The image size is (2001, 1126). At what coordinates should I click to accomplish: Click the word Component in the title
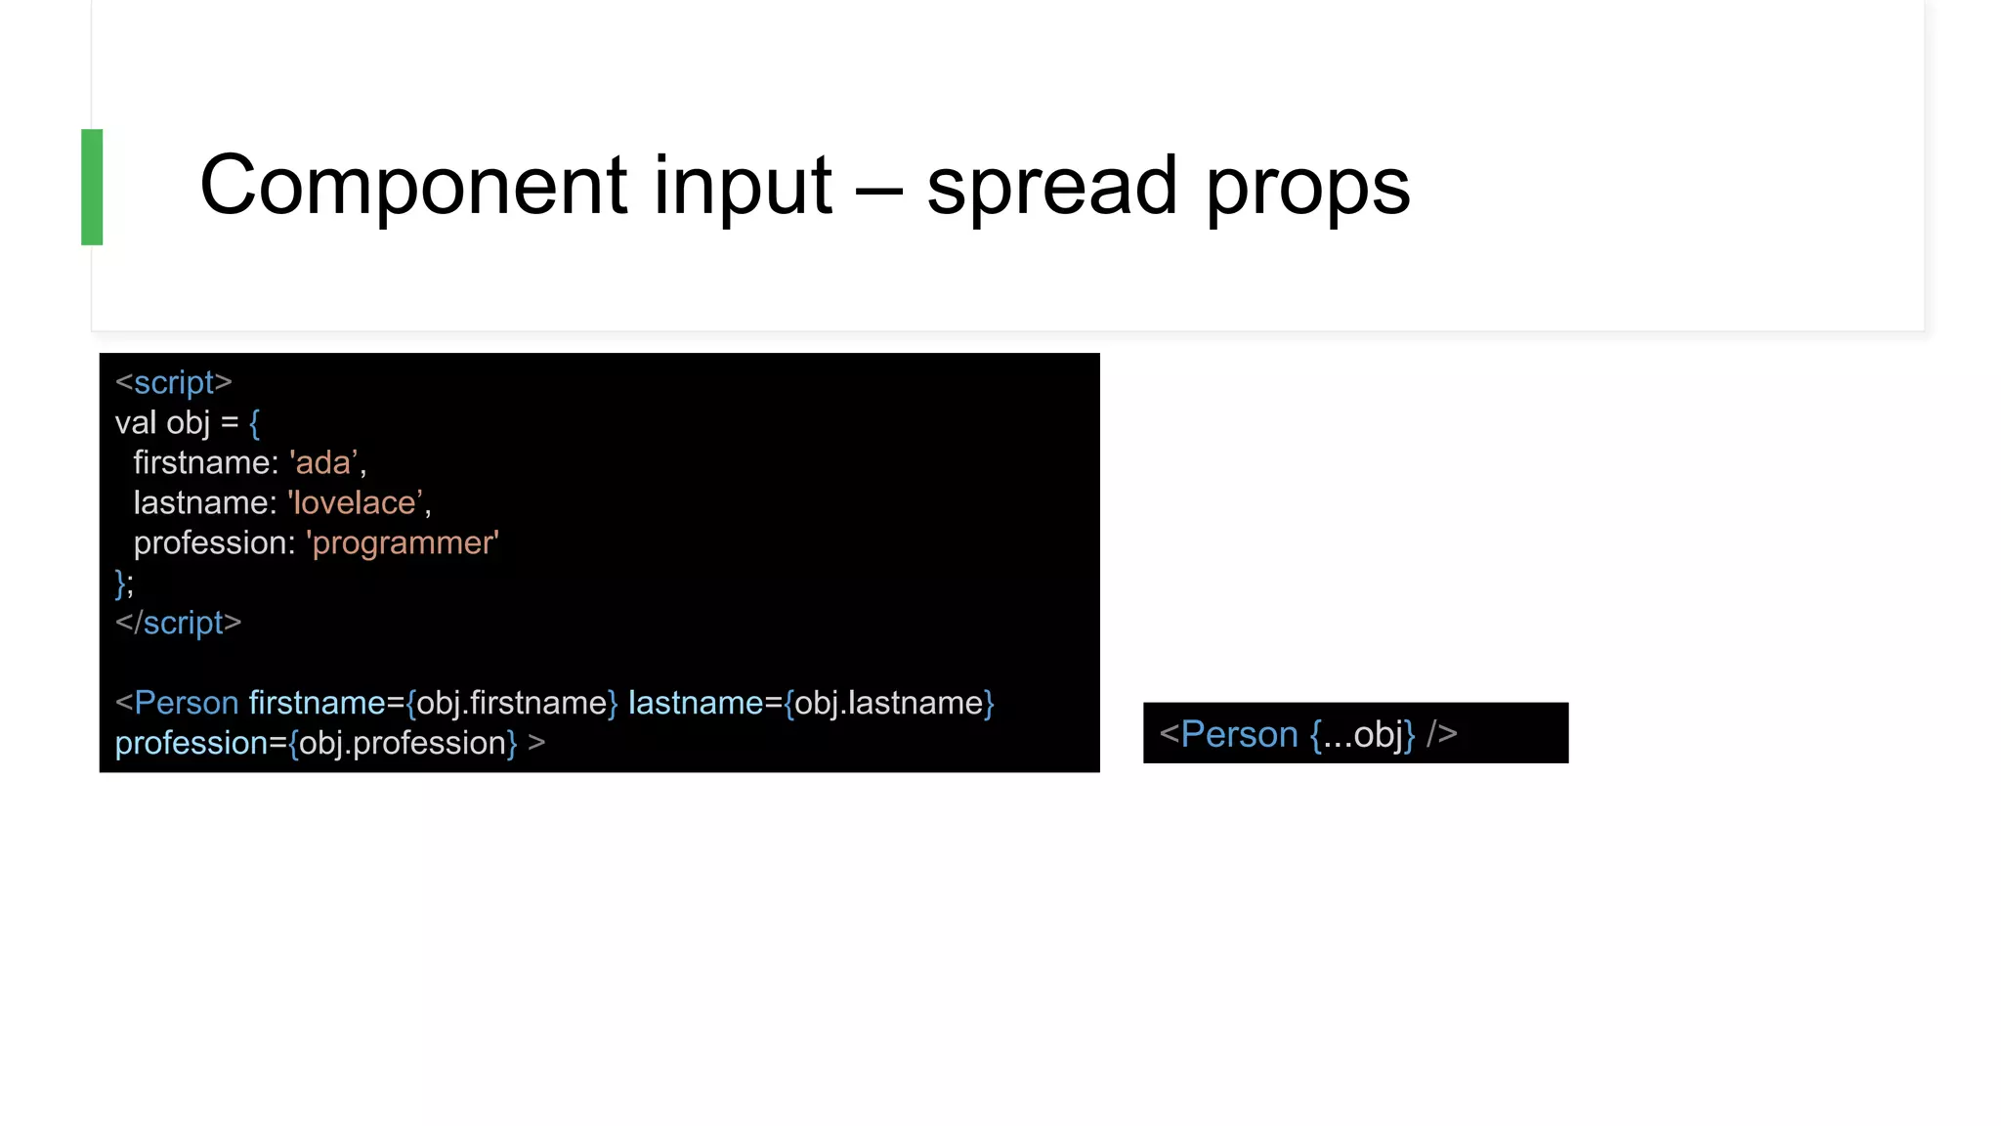tap(412, 186)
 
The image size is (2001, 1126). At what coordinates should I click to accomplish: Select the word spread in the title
tap(1051, 186)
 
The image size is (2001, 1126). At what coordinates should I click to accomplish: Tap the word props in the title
tap(1307, 188)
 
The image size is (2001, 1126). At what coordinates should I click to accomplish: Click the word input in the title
tap(743, 186)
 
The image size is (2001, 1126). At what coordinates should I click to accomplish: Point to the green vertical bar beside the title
tap(92, 187)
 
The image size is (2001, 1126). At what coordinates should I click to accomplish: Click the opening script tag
tap(173, 382)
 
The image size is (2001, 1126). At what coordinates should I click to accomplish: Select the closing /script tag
tap(178, 623)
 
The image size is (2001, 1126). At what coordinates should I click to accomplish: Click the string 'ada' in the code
tap(323, 462)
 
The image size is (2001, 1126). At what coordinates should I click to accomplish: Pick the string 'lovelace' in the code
tap(356, 502)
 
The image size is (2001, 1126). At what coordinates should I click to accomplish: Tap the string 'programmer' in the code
tap(403, 542)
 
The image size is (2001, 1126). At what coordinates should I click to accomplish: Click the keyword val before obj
tap(135, 422)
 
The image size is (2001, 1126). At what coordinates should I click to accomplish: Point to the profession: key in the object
tap(214, 542)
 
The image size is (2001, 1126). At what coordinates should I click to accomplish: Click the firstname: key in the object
tap(205, 462)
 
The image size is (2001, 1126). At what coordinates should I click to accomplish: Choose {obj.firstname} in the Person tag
tap(512, 703)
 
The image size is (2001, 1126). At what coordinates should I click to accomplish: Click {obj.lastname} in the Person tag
tap(889, 703)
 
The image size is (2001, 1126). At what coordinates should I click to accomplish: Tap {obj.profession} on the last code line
tap(403, 743)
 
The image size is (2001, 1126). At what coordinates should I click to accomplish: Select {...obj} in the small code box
tap(1362, 734)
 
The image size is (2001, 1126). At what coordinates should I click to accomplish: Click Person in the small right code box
tap(1239, 734)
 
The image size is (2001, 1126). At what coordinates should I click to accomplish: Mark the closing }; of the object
tap(124, 583)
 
